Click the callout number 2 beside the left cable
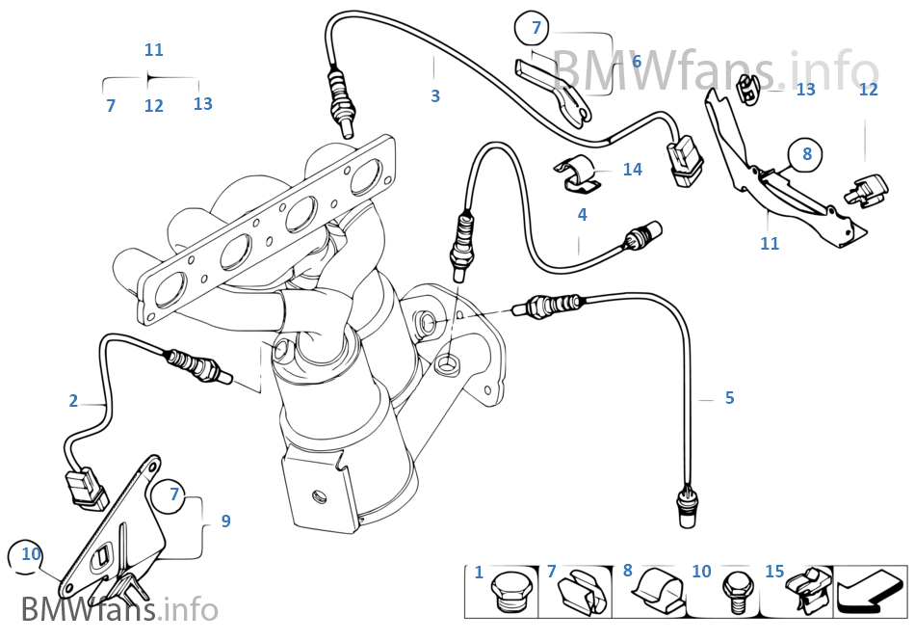(73, 401)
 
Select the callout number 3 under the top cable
(435, 96)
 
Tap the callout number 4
(582, 215)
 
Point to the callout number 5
(729, 398)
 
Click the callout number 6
(636, 62)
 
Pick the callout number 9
(225, 521)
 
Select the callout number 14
(632, 170)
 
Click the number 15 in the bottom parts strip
(774, 572)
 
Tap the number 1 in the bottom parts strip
(479, 573)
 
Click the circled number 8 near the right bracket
(807, 153)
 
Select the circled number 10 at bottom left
(31, 554)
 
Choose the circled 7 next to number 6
(536, 28)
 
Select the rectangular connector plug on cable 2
(87, 490)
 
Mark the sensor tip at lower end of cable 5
(686, 508)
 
